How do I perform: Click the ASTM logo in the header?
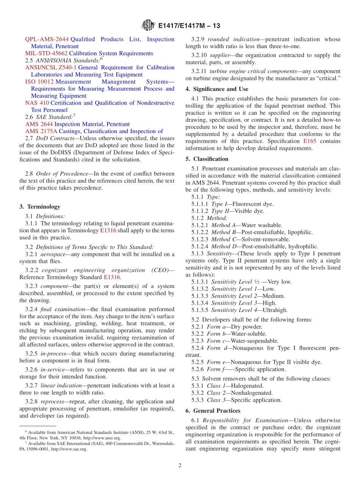pyautogui.click(x=148, y=25)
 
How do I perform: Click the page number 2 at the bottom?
pyautogui.click(x=180, y=465)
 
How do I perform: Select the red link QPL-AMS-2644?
pyautogui.click(x=47, y=39)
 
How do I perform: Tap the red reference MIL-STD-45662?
pyautogui.click(x=46, y=53)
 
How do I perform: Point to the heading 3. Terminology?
pyautogui.click(x=40, y=207)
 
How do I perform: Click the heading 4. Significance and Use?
pyautogui.click(x=217, y=89)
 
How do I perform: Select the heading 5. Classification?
pyautogui.click(x=207, y=159)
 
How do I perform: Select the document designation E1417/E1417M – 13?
pyautogui.click(x=189, y=26)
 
